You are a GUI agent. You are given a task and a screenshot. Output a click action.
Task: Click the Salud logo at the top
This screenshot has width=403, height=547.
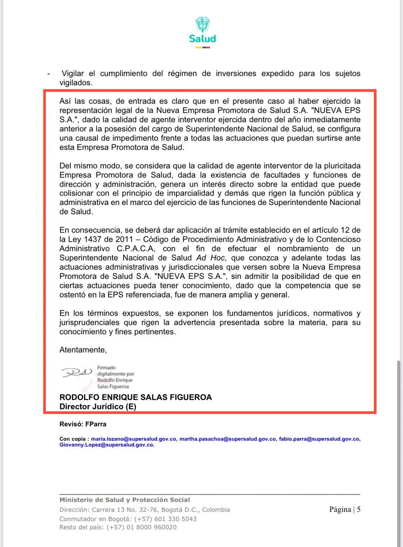coord(203,32)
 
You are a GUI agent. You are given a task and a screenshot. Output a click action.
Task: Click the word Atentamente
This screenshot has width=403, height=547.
coord(83,350)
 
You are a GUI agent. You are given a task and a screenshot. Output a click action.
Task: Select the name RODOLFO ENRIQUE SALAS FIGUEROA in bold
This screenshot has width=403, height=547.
coord(135,397)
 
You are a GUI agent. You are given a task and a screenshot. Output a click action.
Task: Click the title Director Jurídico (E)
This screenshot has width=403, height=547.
coord(97,406)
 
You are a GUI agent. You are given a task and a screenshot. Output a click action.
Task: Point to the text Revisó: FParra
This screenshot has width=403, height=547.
coord(83,424)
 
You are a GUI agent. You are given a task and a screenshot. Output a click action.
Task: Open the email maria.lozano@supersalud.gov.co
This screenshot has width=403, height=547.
coord(133,439)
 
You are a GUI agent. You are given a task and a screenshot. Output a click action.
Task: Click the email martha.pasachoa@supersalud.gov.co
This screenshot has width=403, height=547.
coord(227,439)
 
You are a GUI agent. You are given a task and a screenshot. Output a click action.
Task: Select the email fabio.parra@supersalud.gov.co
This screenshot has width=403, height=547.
coord(319,439)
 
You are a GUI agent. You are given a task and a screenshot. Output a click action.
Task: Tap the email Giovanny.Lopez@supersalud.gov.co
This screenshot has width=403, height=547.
coord(106,445)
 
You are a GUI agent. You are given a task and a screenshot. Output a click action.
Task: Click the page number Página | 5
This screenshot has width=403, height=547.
coord(344,509)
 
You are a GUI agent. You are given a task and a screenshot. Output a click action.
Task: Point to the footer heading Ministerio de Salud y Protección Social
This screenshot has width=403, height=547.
coord(125,500)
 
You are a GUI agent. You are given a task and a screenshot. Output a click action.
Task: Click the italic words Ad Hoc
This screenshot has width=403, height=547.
coord(210,258)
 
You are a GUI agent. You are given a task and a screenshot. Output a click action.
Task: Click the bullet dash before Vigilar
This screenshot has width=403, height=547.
coord(49,74)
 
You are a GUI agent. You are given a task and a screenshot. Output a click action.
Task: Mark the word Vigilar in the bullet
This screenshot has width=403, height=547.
coord(73,74)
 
